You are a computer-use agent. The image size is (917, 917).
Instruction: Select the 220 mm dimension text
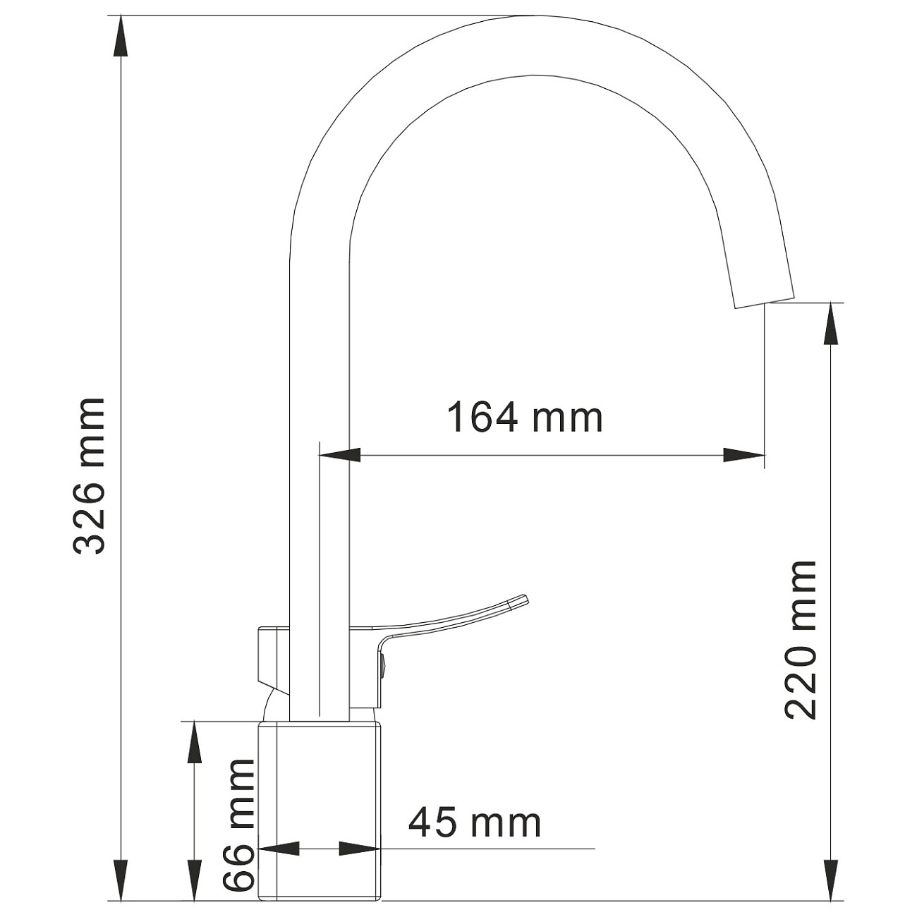[x=801, y=639]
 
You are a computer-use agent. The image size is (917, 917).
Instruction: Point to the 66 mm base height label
[x=238, y=825]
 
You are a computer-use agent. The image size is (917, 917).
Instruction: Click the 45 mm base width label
[x=475, y=822]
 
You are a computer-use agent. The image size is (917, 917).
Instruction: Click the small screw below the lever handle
[x=382, y=663]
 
